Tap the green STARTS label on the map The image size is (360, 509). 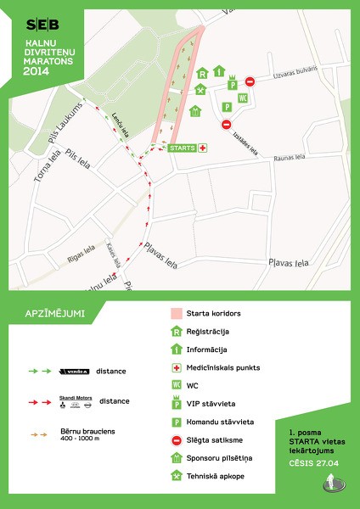183,148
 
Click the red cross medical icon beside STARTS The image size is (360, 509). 203,148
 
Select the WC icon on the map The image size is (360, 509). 243,98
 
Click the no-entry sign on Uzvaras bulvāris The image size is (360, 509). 250,81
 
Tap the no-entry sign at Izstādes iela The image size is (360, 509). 227,125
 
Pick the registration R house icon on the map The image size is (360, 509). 203,75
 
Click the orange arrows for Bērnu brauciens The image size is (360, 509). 39,434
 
